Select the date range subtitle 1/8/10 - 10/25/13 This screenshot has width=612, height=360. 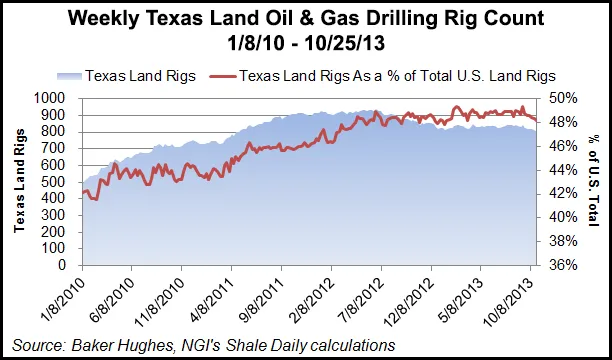306,45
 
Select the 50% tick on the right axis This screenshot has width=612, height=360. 563,98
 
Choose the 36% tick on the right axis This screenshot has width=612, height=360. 563,266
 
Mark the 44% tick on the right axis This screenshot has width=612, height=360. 563,170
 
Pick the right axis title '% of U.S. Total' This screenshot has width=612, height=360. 596,182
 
